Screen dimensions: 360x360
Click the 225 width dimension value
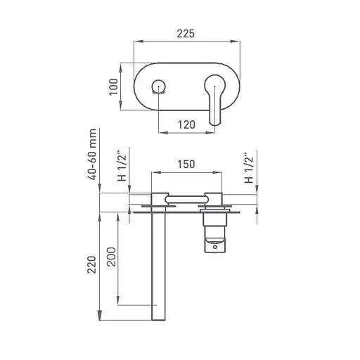point(186,34)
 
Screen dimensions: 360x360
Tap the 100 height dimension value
point(113,86)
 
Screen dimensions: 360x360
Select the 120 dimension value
point(186,124)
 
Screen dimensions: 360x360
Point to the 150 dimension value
point(186,164)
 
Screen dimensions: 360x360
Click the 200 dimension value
point(112,257)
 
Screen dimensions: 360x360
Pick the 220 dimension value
point(92,264)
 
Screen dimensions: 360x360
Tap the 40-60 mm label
point(92,154)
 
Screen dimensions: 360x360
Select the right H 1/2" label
point(249,168)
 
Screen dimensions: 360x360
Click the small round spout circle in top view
point(159,86)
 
